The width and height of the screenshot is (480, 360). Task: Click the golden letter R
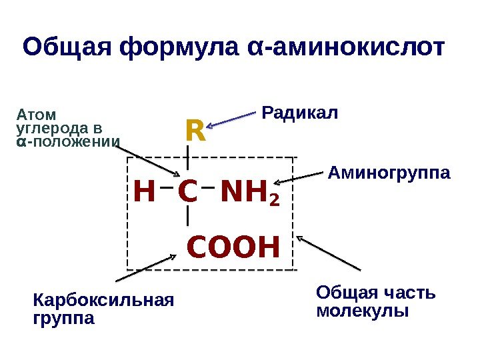pyautogui.click(x=195, y=131)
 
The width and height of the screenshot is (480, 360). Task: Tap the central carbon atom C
pyautogui.click(x=188, y=193)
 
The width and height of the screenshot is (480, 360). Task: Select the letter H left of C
pyautogui.click(x=144, y=193)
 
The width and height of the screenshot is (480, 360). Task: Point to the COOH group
pyautogui.click(x=232, y=247)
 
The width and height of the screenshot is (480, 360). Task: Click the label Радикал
pyautogui.click(x=300, y=113)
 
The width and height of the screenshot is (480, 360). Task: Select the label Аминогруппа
pyautogui.click(x=389, y=174)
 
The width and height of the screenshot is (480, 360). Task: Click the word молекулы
pyautogui.click(x=363, y=311)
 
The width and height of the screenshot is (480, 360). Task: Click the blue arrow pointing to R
pyautogui.click(x=231, y=119)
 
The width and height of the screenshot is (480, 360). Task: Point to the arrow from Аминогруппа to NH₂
pyautogui.click(x=301, y=178)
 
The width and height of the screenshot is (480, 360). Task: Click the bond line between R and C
pyautogui.click(x=189, y=160)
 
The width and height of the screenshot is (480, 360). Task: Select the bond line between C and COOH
pyautogui.click(x=189, y=216)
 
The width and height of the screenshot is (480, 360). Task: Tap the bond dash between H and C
pyautogui.click(x=167, y=188)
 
